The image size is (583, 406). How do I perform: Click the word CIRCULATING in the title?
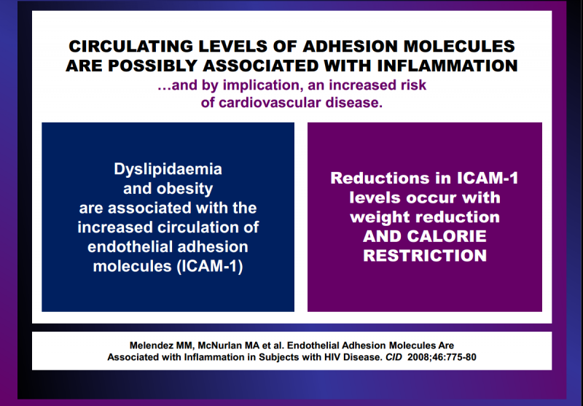pyautogui.click(x=130, y=47)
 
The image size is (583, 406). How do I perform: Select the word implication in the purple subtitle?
pyautogui.click(x=263, y=85)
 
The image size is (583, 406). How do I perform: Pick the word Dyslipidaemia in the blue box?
pyautogui.click(x=168, y=169)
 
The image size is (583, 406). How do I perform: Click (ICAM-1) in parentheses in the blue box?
pyautogui.click(x=210, y=266)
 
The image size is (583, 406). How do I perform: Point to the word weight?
pyautogui.click(x=374, y=216)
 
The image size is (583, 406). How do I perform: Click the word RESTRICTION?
pyautogui.click(x=425, y=256)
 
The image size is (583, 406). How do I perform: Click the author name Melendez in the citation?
pyautogui.click(x=151, y=346)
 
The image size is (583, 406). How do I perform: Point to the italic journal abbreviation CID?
pyautogui.click(x=394, y=357)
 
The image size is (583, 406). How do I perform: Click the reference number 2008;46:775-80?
pyautogui.click(x=442, y=357)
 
